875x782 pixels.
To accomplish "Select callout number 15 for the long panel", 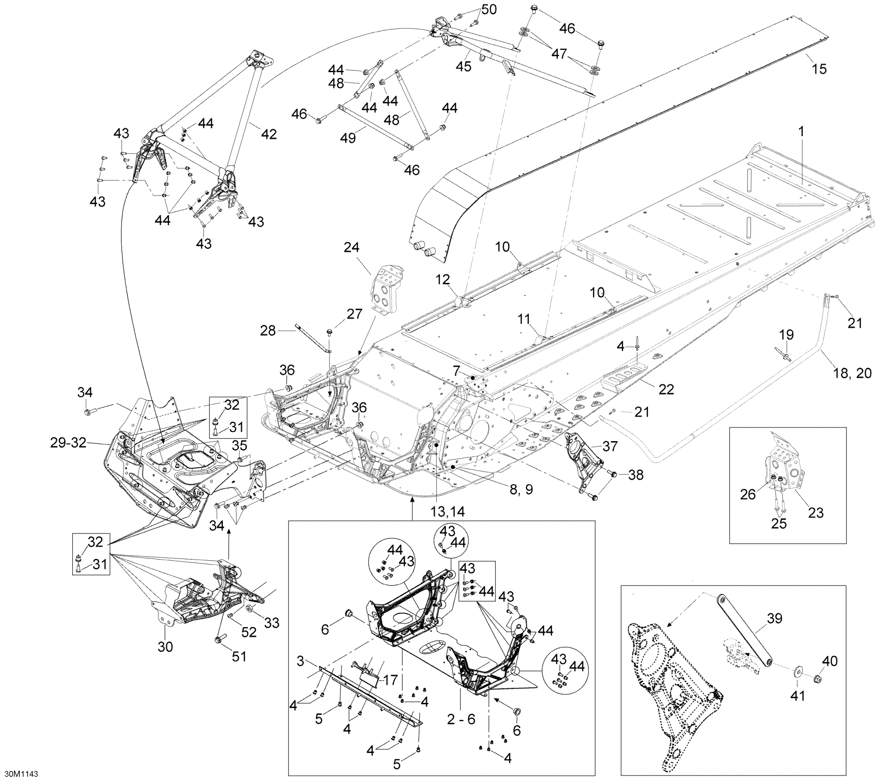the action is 819,69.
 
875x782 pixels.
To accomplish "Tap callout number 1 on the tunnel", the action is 801,132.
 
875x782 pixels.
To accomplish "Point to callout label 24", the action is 351,248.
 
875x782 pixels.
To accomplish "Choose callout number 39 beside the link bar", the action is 775,619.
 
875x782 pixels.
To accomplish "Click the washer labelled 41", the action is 797,672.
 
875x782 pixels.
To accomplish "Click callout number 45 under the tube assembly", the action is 464,67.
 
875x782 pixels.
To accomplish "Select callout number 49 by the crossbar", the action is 348,138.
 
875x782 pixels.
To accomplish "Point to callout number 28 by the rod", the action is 268,330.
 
